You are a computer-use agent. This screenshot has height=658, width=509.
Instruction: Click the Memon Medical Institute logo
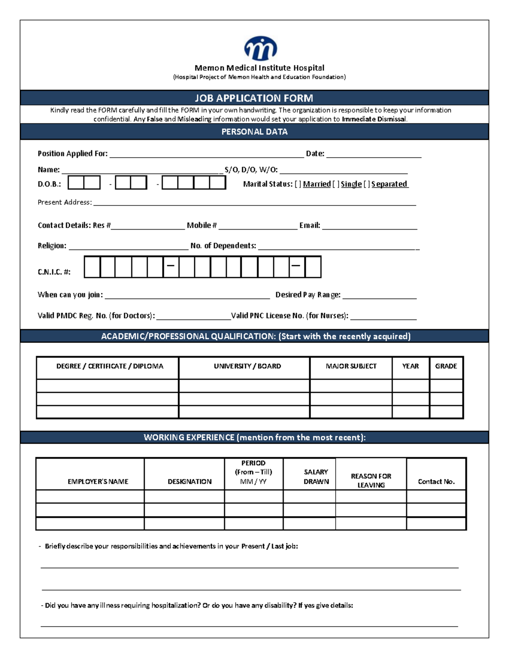point(260,48)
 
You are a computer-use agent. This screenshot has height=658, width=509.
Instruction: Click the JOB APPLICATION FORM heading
point(254,98)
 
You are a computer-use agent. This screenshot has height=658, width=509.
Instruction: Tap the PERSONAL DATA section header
point(254,132)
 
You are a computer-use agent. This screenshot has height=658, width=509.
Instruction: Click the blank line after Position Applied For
point(207,155)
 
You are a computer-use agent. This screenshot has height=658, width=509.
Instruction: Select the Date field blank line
point(373,155)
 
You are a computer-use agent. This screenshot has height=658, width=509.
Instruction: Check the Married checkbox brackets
point(298,184)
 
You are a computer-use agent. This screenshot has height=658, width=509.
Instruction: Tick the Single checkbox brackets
point(336,184)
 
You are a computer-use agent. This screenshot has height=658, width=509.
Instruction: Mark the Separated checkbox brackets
point(367,184)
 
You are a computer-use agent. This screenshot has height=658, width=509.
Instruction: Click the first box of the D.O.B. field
point(76,183)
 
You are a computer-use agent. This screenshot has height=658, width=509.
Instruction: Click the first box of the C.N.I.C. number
point(92,267)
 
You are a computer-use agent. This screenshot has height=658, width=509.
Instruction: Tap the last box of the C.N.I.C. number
point(313,267)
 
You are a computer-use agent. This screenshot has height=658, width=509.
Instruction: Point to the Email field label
point(310,225)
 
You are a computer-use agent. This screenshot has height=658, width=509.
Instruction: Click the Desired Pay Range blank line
point(379,296)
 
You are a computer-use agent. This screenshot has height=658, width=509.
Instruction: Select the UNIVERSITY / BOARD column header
point(247,366)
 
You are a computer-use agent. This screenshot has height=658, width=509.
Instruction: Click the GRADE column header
point(446,366)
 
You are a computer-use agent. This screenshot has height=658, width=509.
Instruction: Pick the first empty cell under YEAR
point(410,386)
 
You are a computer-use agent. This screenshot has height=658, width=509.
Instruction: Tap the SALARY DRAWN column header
point(316,477)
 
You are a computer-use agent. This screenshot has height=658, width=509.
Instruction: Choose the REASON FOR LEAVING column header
point(371,480)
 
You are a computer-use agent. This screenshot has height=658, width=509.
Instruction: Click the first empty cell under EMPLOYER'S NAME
point(90,497)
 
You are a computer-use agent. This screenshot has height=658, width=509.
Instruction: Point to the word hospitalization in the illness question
point(176,605)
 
